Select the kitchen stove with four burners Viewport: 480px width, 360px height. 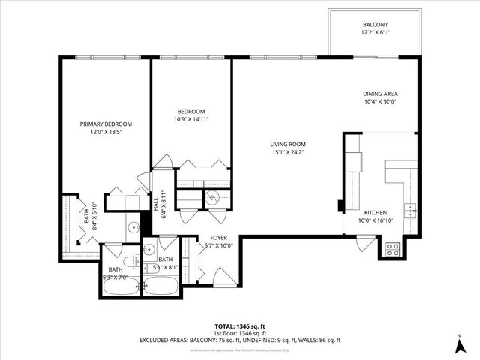(391, 249)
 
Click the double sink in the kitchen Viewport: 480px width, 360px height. (409, 211)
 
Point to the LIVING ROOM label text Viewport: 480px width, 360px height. (288, 144)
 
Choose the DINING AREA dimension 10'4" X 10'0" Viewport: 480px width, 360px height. (379, 101)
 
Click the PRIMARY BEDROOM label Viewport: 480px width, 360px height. (106, 124)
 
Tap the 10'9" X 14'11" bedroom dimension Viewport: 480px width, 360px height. (191, 118)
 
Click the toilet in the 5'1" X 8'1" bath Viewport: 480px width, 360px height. (151, 248)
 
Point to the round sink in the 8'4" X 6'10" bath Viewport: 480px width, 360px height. (132, 227)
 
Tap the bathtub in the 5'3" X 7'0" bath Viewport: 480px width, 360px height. (121, 286)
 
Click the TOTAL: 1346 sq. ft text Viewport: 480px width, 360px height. (239, 326)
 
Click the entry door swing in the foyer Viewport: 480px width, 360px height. (224, 279)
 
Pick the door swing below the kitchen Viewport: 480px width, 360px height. (364, 244)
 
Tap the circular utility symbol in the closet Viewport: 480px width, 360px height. (213, 198)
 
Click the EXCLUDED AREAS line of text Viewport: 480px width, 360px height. (239, 340)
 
